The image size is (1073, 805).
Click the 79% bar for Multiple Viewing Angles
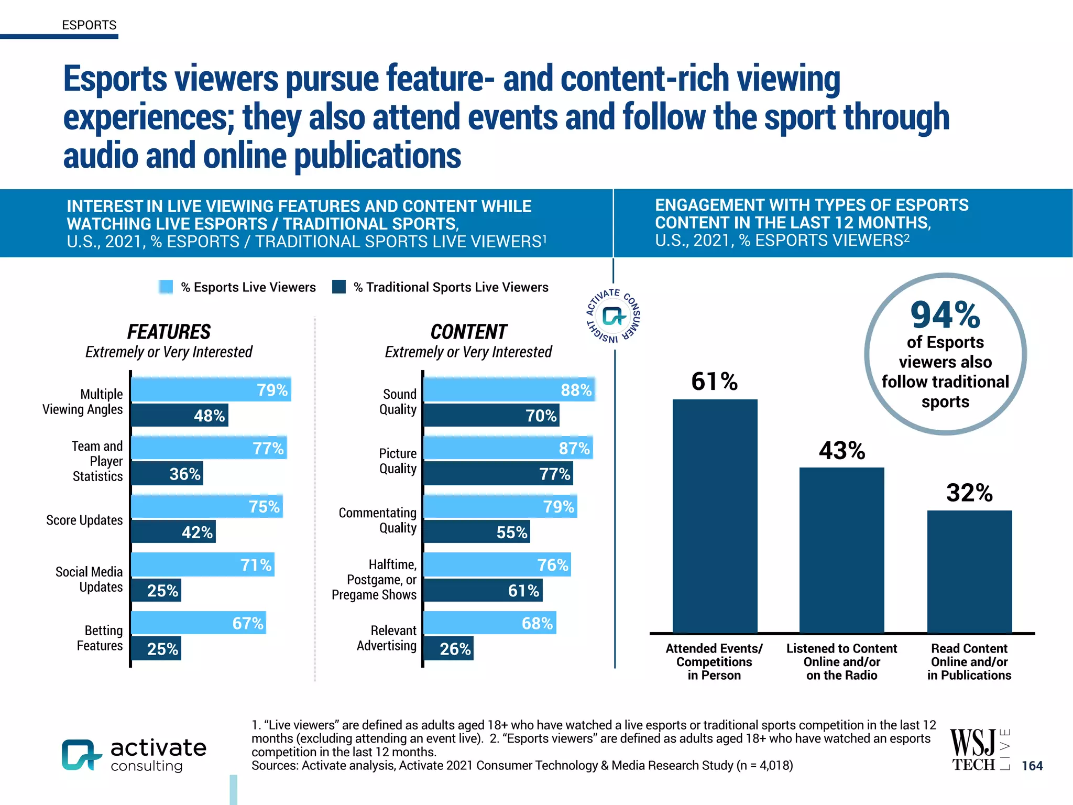point(211,389)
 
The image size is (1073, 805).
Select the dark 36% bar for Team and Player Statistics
point(167,474)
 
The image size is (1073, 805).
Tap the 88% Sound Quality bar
point(509,389)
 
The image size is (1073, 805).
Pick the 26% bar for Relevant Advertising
point(448,649)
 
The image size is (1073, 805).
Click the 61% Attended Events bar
point(715,516)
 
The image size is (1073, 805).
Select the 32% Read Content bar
point(969,571)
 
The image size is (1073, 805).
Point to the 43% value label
point(842,451)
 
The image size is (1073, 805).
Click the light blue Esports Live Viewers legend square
point(166,287)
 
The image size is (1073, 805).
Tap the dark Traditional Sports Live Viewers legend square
point(339,287)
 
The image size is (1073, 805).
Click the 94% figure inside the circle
point(945,316)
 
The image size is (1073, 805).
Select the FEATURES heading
point(169,332)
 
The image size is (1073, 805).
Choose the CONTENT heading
point(468,332)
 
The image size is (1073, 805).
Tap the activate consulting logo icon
point(81,755)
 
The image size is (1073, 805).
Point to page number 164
point(1032,766)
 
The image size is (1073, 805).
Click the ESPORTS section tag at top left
point(89,25)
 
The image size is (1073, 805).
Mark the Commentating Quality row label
point(377,520)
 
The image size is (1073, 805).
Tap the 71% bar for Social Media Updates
point(202,564)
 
